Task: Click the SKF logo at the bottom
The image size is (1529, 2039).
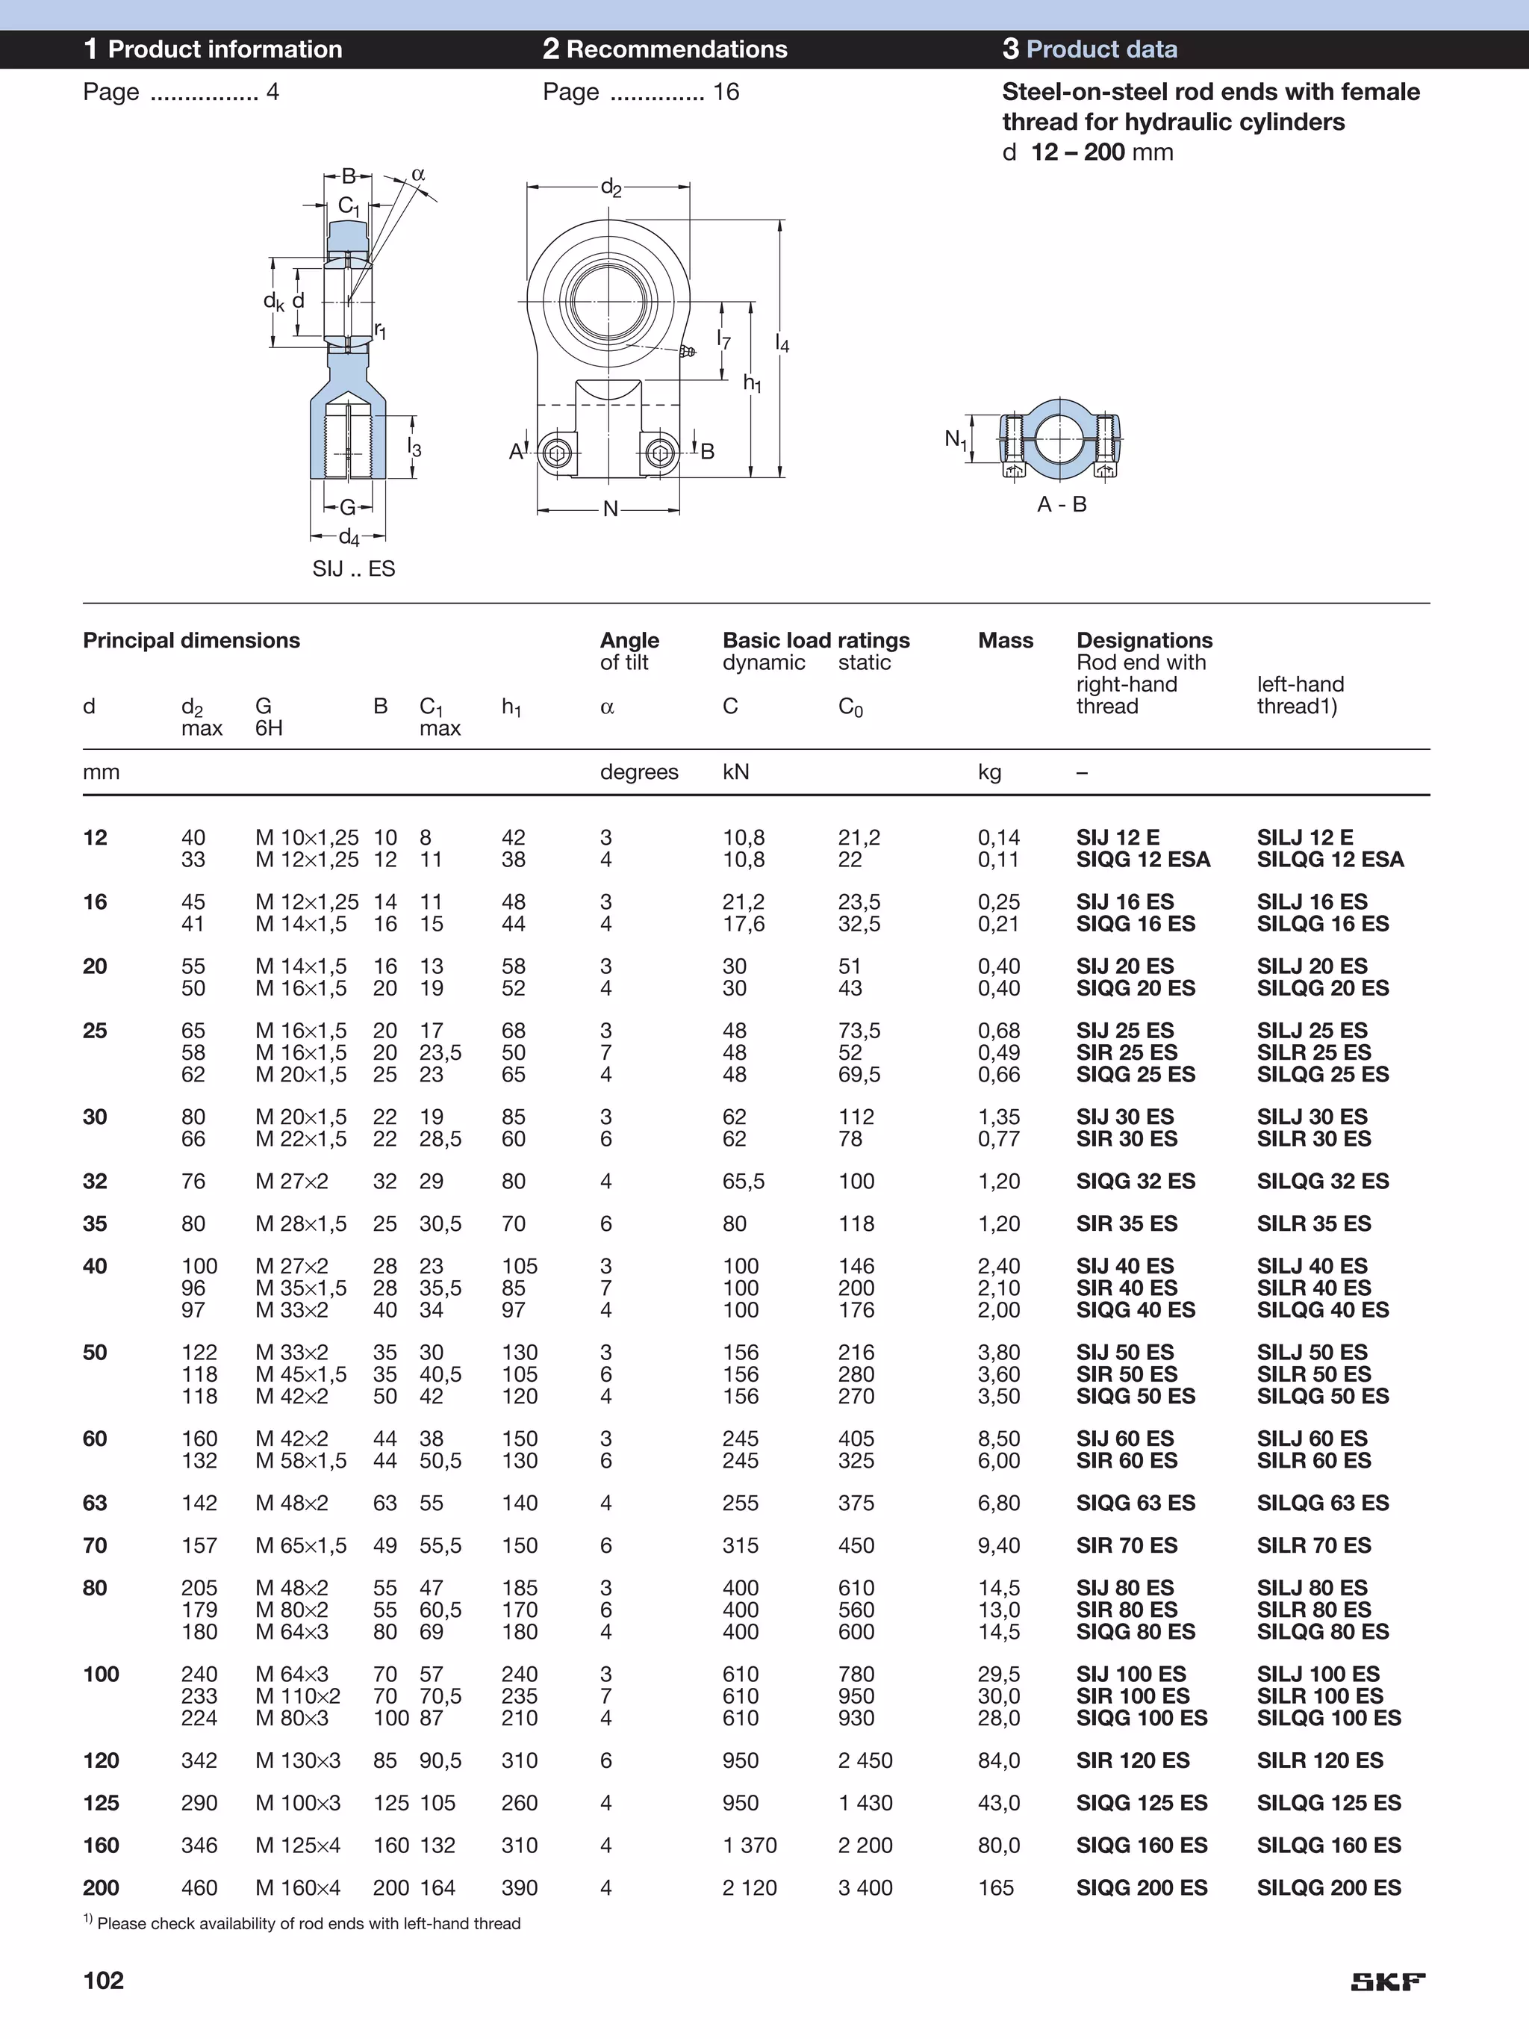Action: point(1388,1981)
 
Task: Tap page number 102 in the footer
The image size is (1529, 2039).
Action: point(103,1980)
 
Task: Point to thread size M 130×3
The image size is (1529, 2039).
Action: point(298,1760)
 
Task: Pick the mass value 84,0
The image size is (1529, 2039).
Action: point(998,1760)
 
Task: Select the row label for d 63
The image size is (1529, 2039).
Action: point(95,1503)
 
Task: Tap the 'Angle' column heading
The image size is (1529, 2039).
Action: point(629,640)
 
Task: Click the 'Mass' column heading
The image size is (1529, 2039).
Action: point(1006,640)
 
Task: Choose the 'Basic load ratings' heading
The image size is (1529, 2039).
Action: point(816,640)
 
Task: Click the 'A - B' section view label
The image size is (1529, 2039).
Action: point(1062,504)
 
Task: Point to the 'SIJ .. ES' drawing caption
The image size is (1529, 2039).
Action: point(353,568)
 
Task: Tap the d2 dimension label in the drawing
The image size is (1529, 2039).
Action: point(610,188)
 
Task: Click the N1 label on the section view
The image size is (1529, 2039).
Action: point(956,440)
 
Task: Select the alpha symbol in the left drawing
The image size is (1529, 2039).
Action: point(418,173)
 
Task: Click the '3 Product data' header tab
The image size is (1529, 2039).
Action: point(1089,49)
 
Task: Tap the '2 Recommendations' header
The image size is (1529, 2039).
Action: point(664,49)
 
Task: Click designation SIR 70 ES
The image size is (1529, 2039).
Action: point(1127,1545)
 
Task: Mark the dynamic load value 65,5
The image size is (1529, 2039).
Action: point(743,1181)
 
